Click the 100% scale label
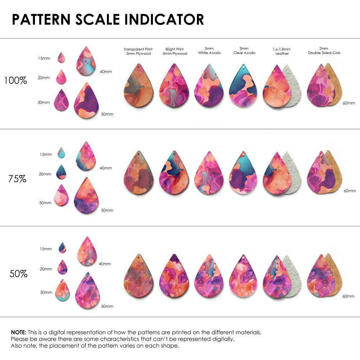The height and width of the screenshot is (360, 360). pos(15,80)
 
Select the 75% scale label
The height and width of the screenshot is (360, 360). pos(17,178)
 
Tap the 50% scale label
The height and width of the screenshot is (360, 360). pos(18,274)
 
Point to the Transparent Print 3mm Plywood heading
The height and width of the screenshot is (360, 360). pos(138,51)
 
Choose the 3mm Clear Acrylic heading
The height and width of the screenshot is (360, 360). pos(244,50)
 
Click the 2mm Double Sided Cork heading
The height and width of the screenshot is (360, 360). pos(324,50)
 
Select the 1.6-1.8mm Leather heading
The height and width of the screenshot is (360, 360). pos(282,51)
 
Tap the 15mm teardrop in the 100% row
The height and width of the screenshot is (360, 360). pos(61,58)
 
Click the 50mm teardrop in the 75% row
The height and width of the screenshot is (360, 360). pos(86,196)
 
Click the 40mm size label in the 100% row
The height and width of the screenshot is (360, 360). pos(106,72)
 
